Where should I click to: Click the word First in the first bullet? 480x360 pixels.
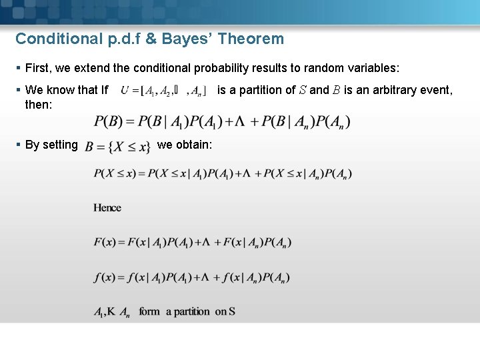[38, 68]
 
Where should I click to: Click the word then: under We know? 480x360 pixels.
[38, 104]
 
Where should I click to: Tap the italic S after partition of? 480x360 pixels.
[303, 90]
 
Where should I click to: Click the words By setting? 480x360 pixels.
[51, 145]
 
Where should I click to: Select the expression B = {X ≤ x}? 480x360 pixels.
[118, 146]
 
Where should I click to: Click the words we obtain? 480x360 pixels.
[185, 145]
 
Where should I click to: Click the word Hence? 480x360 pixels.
[107, 208]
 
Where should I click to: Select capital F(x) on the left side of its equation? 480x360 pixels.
[105, 242]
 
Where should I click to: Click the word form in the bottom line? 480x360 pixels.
[149, 312]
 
